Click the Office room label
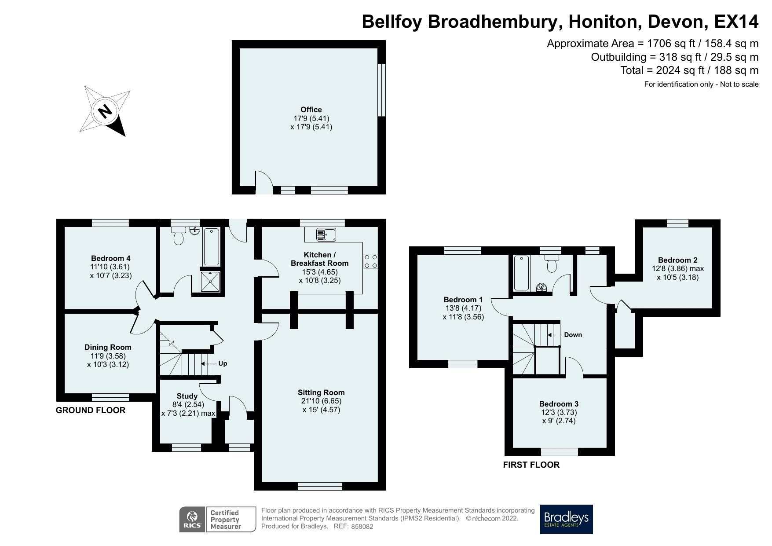pyautogui.click(x=311, y=110)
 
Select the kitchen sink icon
pyautogui.click(x=326, y=235)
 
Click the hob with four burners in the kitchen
pyautogui.click(x=370, y=261)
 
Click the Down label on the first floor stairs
pyautogui.click(x=573, y=335)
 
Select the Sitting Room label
pyautogui.click(x=321, y=392)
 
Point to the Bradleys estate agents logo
pyautogui.click(x=566, y=519)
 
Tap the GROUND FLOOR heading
pyautogui.click(x=91, y=410)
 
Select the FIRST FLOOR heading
pyautogui.click(x=531, y=465)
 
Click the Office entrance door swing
pyautogui.click(x=263, y=180)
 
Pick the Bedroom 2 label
pyautogui.click(x=677, y=260)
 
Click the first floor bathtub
pyautogui.click(x=521, y=273)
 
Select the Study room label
pyautogui.click(x=187, y=396)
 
